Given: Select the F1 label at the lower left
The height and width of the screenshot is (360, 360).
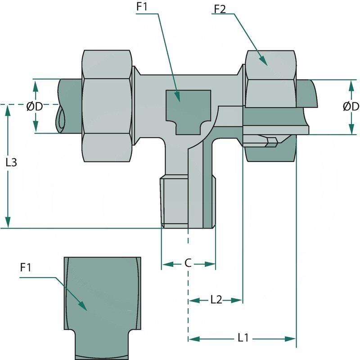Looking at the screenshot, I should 26,268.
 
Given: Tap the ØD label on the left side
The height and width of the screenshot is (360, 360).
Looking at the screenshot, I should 35,107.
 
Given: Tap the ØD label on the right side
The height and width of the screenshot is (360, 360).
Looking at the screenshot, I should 351,107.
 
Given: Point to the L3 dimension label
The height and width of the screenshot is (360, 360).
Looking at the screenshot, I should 11,162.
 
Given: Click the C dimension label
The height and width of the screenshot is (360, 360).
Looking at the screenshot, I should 188,263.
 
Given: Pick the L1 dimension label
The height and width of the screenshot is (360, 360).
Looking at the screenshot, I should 243,337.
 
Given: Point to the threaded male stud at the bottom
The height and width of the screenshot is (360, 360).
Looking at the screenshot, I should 188,202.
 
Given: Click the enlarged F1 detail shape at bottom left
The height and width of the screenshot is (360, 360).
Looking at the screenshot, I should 103,306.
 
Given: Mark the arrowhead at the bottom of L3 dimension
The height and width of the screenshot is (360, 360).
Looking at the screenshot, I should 8,223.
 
